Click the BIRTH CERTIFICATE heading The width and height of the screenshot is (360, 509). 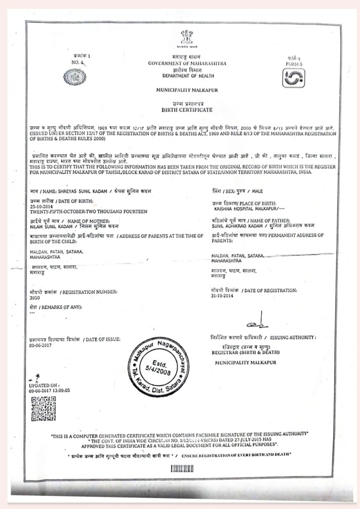187,110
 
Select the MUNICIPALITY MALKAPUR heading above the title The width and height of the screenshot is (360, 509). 187,90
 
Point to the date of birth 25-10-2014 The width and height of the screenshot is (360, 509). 41,206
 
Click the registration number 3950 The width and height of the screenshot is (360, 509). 34,297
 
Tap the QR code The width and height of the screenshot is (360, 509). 43,409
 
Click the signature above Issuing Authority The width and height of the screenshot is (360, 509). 254,324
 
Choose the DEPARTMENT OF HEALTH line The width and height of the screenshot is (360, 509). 187,76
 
